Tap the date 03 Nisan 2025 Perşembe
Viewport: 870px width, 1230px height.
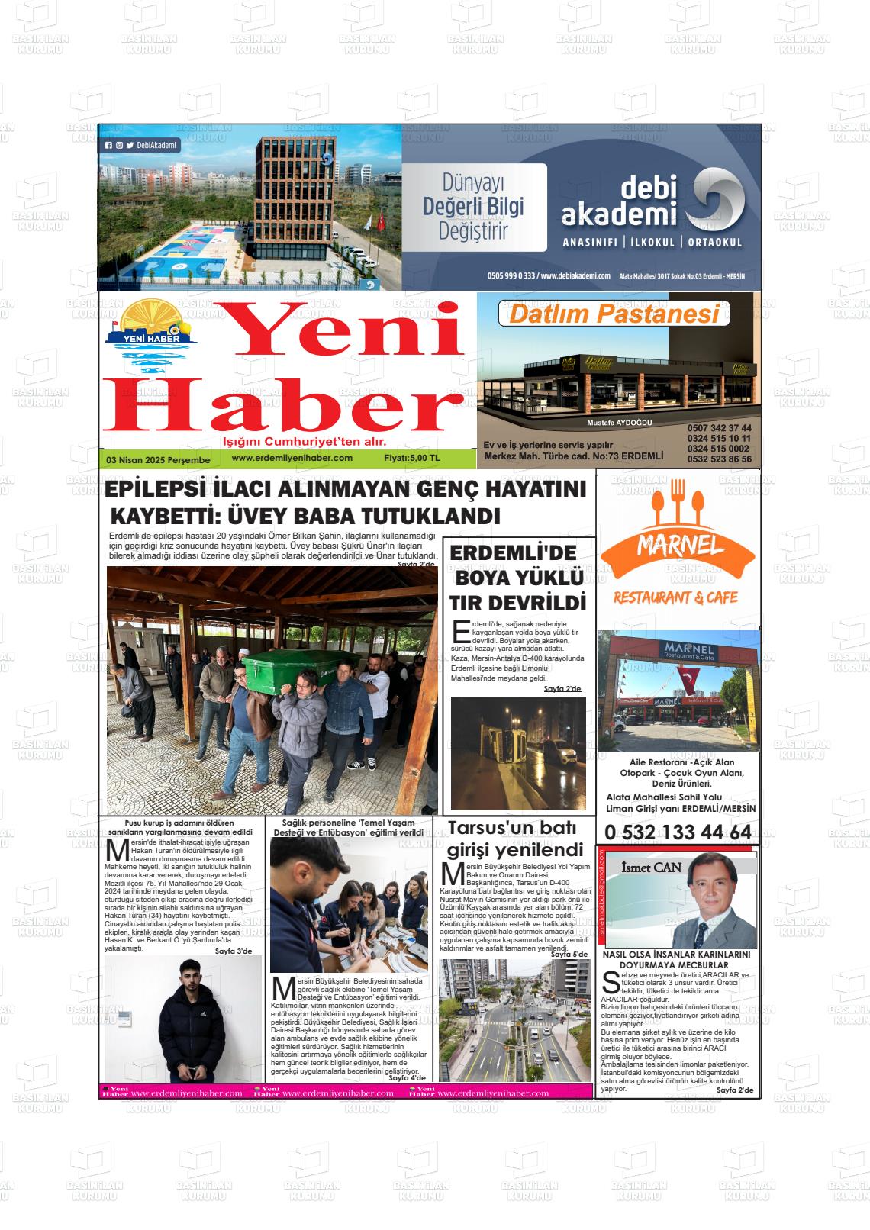(158, 460)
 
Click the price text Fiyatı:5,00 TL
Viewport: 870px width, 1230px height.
(412, 459)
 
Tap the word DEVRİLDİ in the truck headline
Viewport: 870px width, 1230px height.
(539, 603)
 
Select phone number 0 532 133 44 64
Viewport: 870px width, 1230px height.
(677, 832)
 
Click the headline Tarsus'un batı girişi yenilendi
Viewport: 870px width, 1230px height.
(514, 839)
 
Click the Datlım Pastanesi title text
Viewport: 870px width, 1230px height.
(614, 314)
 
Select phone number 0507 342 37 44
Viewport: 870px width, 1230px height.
(718, 428)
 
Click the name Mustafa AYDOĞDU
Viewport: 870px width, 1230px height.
(619, 423)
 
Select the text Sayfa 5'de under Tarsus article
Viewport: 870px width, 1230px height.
(569, 954)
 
